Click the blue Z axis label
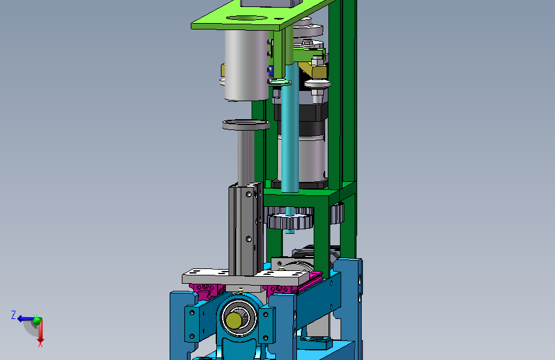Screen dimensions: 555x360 tap(13, 315)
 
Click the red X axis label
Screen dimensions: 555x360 tap(40, 344)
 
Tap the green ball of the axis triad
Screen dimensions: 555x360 tap(37, 320)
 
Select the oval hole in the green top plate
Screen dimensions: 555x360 tap(246, 18)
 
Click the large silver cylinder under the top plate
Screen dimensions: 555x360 tap(246, 65)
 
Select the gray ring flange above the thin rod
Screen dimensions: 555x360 tap(246, 125)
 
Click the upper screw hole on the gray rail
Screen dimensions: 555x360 tap(248, 194)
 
